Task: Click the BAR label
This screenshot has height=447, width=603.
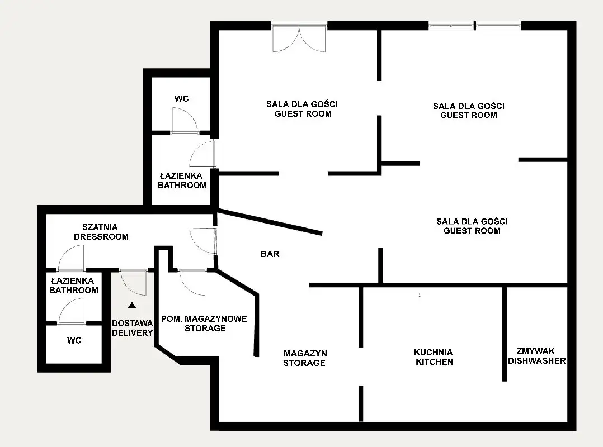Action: point(270,254)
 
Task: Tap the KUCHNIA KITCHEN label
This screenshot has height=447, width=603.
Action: point(434,357)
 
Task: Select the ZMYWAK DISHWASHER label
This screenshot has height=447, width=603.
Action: point(537,356)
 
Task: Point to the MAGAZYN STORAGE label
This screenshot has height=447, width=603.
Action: point(304,358)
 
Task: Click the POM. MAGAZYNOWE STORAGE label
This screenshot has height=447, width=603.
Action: point(204,324)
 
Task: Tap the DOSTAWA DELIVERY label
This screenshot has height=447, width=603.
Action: point(132,328)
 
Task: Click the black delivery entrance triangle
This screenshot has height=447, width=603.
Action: point(132,306)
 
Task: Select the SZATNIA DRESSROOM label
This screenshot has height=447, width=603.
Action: point(101,232)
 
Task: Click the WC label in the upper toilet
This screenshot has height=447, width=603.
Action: point(181,99)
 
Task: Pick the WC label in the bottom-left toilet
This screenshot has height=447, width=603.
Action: point(74,340)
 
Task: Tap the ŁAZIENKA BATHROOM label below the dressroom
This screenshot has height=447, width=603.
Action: point(74,286)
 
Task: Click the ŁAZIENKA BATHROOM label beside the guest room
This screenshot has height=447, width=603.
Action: point(182,180)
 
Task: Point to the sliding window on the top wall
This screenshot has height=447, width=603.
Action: point(475,26)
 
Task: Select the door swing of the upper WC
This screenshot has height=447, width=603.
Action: point(185,121)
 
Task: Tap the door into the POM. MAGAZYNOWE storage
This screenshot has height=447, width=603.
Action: point(192,282)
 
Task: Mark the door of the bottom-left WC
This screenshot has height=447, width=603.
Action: point(72,311)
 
